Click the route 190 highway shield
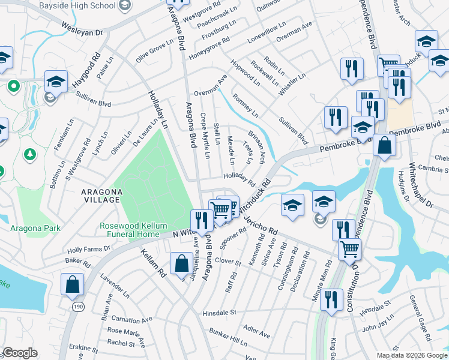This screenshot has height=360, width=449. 79,306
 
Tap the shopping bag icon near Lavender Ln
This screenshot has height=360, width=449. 72,285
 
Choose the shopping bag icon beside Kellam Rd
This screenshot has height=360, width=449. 181,263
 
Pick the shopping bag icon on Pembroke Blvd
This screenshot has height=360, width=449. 384,145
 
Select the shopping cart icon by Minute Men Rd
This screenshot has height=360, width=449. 349,248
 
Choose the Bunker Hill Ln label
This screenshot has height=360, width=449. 228,336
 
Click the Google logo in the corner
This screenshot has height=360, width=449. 20,353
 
